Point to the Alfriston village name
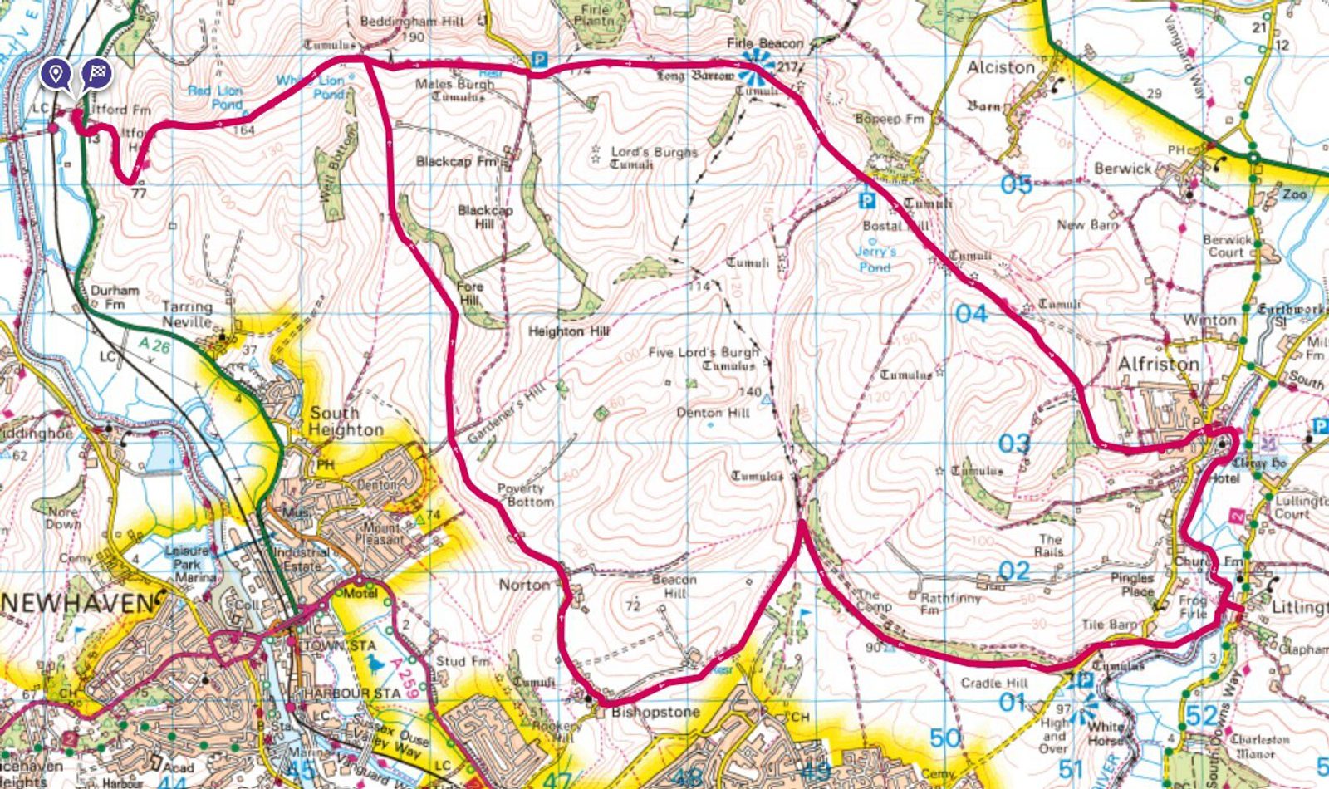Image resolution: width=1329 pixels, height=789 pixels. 1158,365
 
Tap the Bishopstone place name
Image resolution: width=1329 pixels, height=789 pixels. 655,713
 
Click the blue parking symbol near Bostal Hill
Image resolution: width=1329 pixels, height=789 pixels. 866,201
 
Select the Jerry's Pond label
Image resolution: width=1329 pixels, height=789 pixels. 875,259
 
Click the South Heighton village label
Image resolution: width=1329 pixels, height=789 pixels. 346,421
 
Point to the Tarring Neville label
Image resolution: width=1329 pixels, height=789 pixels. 187,313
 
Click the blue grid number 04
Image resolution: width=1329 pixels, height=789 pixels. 971,314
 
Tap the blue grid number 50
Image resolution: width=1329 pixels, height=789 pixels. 945,738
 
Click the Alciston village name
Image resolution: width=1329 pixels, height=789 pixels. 1001,67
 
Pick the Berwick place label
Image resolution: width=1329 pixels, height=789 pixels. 1123,169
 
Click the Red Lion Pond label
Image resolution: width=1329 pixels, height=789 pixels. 215,97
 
